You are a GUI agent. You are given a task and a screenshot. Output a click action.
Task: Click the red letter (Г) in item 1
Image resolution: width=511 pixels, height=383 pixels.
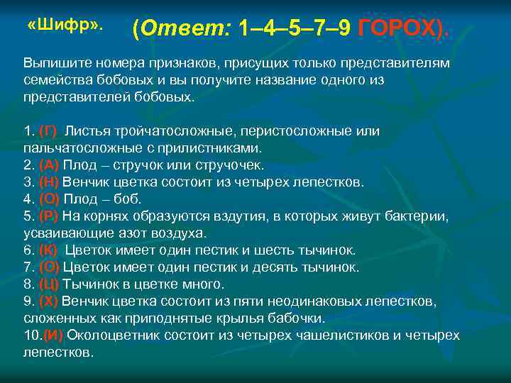(x=48, y=131)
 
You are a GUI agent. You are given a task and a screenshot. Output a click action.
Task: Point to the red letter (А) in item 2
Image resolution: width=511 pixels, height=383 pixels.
(x=48, y=165)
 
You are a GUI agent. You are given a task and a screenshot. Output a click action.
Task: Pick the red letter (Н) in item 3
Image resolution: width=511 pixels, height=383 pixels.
(x=48, y=182)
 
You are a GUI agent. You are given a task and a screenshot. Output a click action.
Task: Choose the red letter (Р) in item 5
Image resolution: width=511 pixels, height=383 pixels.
(x=48, y=216)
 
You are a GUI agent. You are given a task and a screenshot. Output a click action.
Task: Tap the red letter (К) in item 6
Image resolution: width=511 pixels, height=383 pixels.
(x=48, y=250)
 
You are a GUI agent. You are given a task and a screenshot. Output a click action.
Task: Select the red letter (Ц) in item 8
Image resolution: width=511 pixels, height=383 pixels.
(x=49, y=284)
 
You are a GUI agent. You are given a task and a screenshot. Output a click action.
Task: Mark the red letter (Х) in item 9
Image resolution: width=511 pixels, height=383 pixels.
(x=48, y=301)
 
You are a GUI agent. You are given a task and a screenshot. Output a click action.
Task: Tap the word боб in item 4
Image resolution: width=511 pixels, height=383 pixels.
(x=130, y=199)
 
